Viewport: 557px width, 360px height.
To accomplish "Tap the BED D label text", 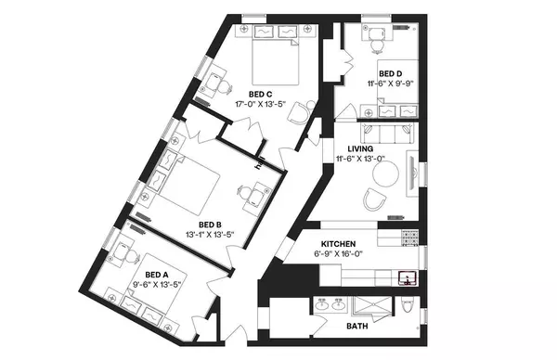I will (391, 73).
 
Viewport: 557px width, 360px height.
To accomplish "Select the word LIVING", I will (360, 148).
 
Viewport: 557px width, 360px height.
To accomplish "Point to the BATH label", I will (357, 327).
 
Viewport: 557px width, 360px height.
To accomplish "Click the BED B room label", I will (211, 224).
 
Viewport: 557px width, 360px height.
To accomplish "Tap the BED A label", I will (157, 275).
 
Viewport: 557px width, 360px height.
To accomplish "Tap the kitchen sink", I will (406, 276).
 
